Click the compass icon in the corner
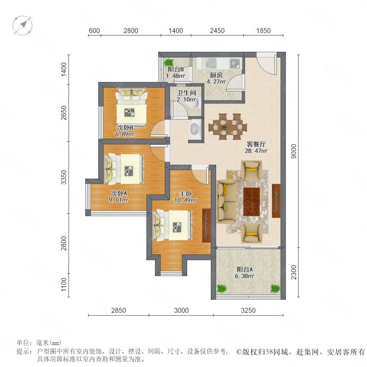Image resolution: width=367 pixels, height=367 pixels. point(22,25)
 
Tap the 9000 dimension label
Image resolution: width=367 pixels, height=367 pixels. point(294,151)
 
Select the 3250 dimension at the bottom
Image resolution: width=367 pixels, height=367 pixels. point(248,310)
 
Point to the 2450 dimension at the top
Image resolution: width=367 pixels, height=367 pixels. point(217,31)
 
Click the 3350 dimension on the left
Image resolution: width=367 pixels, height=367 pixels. point(64,177)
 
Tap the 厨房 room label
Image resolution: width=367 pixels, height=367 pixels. point(216,75)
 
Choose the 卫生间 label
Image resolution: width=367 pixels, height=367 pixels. point(186,93)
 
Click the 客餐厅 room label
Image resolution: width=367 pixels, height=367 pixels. point(256,144)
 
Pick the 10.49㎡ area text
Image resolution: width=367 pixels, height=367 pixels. point(186,200)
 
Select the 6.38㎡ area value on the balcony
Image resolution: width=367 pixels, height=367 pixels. point(245,276)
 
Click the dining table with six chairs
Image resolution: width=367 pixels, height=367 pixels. point(228,127)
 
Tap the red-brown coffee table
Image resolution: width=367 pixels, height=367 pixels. point(252,201)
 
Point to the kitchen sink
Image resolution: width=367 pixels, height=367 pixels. point(211,63)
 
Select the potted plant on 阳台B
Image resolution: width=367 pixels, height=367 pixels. point(168,62)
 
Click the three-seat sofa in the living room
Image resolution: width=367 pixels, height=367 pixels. point(227,201)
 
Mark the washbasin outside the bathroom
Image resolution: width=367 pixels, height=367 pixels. point(195,128)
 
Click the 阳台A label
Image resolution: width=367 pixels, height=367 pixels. point(245,270)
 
